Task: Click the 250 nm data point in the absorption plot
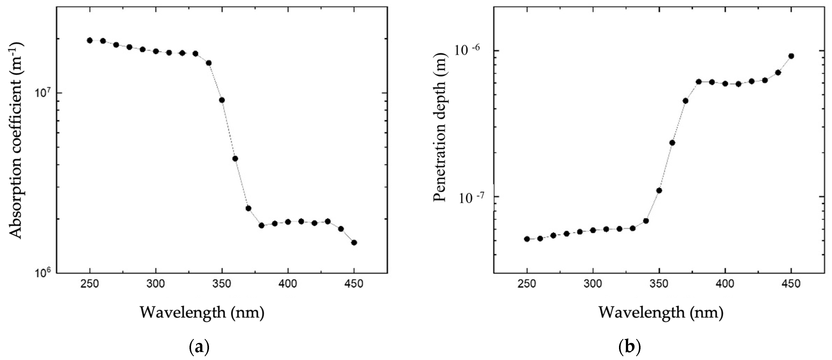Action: [x=90, y=40]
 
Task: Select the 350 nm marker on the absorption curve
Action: [x=222, y=100]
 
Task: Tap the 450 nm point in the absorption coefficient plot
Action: [x=354, y=243]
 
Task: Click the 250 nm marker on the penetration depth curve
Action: [x=527, y=239]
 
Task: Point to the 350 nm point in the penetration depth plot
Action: [x=659, y=191]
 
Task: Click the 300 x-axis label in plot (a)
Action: [x=156, y=284]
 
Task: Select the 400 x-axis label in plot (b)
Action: [x=725, y=284]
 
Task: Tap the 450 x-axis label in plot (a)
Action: [x=354, y=284]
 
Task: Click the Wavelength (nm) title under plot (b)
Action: [x=661, y=313]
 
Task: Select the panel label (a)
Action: [x=198, y=348]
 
